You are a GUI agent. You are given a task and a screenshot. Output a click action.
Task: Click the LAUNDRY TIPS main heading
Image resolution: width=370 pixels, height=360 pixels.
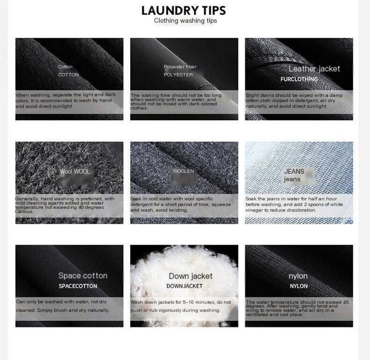click(x=184, y=11)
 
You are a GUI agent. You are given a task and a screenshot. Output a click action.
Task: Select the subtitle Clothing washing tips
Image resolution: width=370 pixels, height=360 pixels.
click(x=185, y=21)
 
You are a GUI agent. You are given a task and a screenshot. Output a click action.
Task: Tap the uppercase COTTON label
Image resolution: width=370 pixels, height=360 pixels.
click(x=68, y=75)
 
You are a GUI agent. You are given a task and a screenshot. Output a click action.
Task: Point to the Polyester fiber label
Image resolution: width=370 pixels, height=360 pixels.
click(x=180, y=67)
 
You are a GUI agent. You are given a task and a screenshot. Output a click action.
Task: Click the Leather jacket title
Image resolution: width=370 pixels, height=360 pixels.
click(x=314, y=69)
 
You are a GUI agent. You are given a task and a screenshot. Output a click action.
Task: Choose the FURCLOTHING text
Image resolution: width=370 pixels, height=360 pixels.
click(x=299, y=79)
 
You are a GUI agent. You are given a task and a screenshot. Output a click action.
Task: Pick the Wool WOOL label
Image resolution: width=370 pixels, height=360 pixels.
click(x=75, y=171)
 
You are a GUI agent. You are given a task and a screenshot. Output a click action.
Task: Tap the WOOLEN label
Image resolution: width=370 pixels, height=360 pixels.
click(x=183, y=171)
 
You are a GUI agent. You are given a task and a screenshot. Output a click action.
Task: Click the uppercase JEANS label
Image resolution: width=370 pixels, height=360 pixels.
click(x=294, y=171)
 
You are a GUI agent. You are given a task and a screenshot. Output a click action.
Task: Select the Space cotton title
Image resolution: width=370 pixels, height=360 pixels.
click(x=83, y=276)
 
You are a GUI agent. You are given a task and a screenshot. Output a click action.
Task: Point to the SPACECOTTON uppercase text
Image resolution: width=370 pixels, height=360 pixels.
click(x=78, y=286)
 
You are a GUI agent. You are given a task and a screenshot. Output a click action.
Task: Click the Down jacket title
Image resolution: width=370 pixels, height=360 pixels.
click(x=191, y=276)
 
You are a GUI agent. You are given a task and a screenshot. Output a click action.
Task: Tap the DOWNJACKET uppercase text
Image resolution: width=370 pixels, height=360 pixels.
click(x=185, y=286)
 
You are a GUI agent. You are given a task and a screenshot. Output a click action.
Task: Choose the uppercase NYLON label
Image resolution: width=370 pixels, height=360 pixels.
click(x=299, y=286)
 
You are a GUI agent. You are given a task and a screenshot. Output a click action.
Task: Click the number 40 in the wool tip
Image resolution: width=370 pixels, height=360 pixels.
click(x=80, y=207)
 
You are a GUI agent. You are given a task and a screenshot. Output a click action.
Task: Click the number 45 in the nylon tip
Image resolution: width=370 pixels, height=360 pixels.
click(x=346, y=302)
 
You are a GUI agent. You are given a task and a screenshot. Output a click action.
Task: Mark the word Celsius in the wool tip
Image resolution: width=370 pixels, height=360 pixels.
click(x=21, y=212)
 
